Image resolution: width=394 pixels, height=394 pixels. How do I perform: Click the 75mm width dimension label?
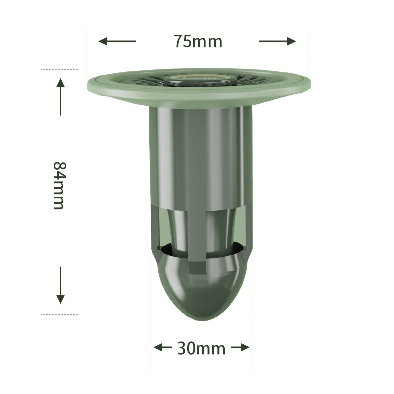click(x=198, y=41)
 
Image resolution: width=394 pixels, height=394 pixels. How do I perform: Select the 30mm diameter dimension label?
click(x=201, y=348)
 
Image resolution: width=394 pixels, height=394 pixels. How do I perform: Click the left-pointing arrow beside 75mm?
click(x=117, y=41)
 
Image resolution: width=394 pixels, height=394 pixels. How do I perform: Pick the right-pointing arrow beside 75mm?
click(x=277, y=41)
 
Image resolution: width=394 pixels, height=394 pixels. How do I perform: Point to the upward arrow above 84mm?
click(x=60, y=97)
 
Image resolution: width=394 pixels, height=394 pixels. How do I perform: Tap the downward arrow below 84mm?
click(x=60, y=285)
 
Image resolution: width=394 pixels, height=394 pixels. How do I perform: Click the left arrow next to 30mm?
click(x=163, y=348)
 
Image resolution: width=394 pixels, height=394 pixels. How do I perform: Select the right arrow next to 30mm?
click(x=240, y=348)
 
